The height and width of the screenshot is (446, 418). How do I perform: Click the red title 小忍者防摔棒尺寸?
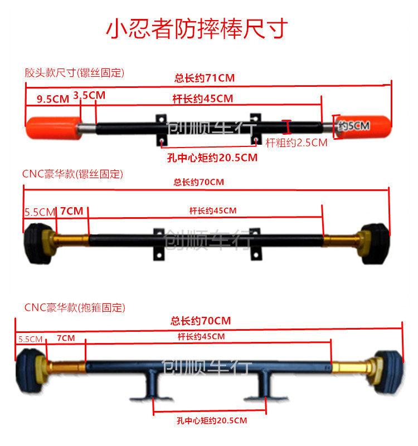(x=197, y=28)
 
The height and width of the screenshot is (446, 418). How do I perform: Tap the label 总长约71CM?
(x=205, y=79)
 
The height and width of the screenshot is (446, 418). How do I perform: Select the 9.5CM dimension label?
(x=53, y=99)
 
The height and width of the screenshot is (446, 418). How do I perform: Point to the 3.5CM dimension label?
(x=89, y=95)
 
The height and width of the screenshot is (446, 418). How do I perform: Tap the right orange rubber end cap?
(x=362, y=126)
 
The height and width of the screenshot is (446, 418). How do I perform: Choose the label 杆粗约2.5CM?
(x=296, y=143)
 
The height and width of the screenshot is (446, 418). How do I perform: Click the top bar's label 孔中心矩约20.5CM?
(x=212, y=158)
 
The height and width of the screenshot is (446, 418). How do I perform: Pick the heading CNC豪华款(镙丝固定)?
(x=72, y=174)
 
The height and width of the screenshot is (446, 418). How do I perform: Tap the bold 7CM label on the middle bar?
(x=71, y=211)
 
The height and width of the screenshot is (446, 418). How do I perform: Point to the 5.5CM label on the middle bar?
(x=39, y=212)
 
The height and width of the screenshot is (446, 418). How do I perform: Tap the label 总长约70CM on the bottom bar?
(x=201, y=321)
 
